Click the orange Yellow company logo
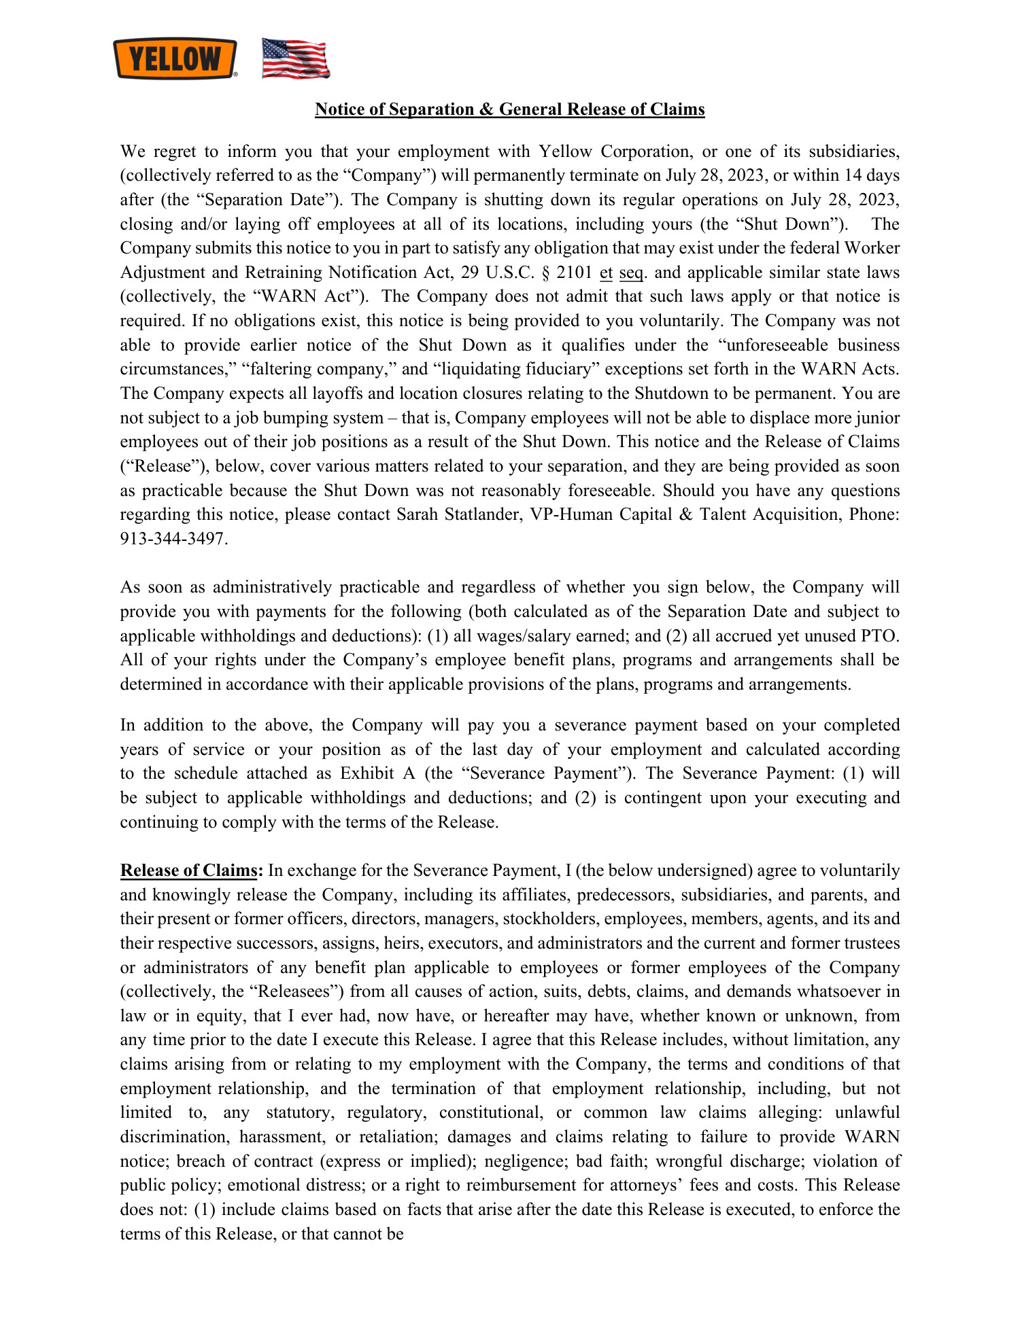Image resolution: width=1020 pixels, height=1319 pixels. click(x=175, y=58)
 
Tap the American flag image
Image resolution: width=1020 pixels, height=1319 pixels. click(x=296, y=58)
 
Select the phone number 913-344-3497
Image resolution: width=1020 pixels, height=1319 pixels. click(x=173, y=539)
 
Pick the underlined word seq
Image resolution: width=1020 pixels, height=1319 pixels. click(x=631, y=272)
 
